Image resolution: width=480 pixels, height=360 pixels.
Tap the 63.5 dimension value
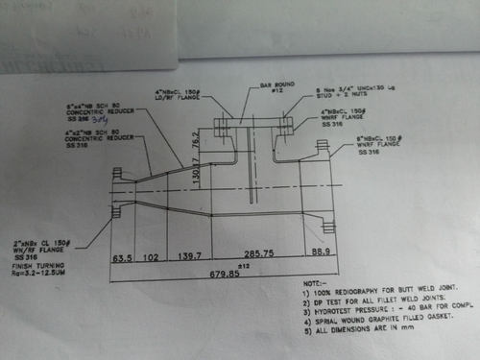point(122,258)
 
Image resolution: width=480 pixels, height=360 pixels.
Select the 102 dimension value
point(151,258)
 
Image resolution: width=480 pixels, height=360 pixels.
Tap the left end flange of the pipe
point(117,198)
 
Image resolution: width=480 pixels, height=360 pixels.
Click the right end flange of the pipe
point(329,188)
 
